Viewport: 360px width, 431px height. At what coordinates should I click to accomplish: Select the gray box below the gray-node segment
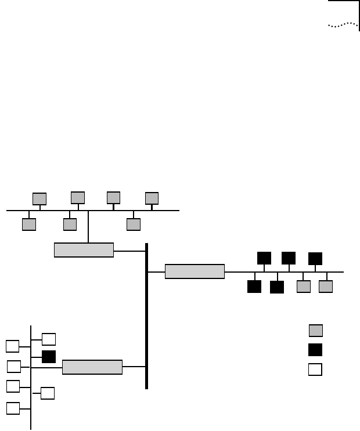coord(84,250)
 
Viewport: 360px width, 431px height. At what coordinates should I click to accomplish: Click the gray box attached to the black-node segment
coord(195,271)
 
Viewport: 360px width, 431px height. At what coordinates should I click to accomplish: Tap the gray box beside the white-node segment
coord(92,367)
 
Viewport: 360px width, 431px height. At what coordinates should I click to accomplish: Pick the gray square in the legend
coord(315,331)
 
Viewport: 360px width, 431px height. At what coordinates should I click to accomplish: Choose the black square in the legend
coord(315,350)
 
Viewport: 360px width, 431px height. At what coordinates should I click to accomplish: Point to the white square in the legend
coord(315,370)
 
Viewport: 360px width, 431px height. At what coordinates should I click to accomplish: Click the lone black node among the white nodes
coord(49,356)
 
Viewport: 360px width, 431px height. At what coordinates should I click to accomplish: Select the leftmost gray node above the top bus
coord(39,198)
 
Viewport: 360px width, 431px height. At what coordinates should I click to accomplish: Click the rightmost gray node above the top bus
coord(152,198)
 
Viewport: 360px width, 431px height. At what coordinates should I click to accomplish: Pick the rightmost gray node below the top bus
coord(134,224)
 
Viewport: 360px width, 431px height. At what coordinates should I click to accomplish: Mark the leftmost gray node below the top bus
coord(29,224)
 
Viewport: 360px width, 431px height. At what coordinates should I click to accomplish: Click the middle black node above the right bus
coord(289,258)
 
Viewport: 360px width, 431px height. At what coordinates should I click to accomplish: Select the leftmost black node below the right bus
coord(254,286)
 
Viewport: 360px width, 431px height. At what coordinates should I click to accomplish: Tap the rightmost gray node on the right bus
coord(326,286)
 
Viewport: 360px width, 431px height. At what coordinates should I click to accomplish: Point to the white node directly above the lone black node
coord(49,339)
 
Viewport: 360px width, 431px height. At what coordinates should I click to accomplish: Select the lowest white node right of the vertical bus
coord(48,393)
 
